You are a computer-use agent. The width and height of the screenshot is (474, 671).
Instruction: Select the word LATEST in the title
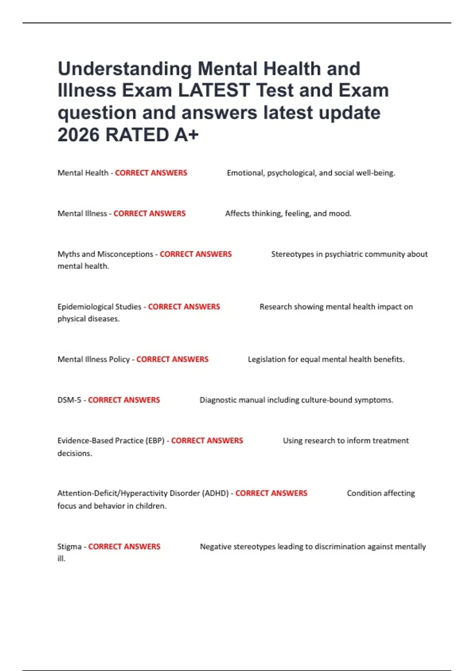[214, 90]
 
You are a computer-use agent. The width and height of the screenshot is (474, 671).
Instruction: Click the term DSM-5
[69, 400]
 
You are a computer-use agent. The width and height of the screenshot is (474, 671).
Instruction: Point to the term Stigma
[70, 547]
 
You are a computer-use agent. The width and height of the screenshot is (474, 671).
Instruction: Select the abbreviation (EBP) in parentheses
[155, 440]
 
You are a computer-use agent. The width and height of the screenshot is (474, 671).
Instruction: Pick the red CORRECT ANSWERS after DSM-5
[124, 400]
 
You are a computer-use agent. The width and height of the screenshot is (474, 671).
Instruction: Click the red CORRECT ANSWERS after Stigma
[124, 547]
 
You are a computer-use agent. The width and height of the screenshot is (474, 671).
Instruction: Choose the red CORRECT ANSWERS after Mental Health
[151, 173]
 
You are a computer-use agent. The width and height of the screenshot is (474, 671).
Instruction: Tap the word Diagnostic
[218, 400]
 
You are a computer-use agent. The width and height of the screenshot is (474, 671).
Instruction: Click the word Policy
[119, 360]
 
